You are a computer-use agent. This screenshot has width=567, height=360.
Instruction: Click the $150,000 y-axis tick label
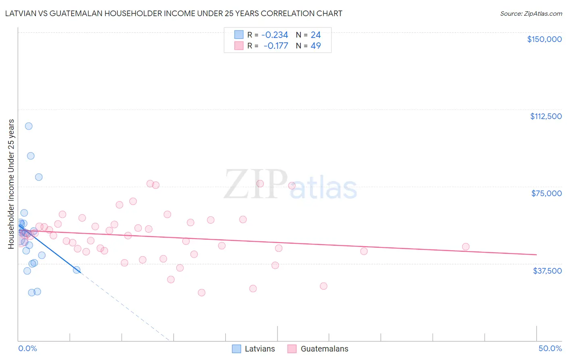544,39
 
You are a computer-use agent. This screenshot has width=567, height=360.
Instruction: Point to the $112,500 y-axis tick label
546,116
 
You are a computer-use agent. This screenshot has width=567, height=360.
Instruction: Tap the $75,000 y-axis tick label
546,193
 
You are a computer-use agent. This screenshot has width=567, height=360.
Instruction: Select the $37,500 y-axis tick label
547,270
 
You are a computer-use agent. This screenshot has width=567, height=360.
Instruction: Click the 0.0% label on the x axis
27,348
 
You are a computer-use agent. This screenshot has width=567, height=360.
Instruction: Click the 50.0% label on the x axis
550,348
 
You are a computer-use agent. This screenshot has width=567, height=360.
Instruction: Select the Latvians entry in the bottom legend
254,349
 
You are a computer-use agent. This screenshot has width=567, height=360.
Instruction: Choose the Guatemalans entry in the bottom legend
318,349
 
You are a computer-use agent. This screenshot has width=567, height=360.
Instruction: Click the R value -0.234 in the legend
275,35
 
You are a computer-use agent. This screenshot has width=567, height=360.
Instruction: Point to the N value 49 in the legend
316,46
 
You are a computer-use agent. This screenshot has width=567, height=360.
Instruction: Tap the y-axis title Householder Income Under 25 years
11,184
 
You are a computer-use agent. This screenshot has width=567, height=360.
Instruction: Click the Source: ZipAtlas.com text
531,14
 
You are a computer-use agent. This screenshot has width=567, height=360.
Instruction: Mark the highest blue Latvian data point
29,126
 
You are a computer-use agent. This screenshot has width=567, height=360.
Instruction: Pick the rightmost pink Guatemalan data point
465,247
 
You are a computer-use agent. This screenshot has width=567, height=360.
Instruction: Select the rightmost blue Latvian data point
77,270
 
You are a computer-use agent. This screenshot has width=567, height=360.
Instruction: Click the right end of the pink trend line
536,255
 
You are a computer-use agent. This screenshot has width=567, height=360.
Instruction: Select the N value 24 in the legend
316,35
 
